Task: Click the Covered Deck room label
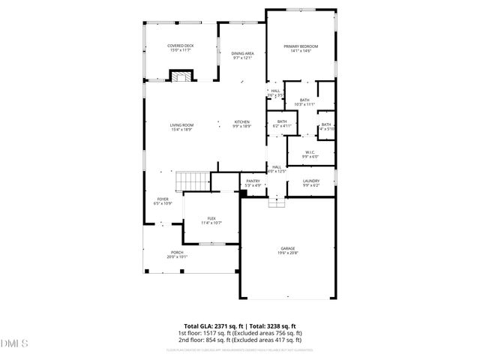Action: [x=181, y=46]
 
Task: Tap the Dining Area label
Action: [x=242, y=54]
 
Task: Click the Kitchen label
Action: [x=241, y=122]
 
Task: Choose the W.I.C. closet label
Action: [x=310, y=152]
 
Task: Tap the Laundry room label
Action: [x=310, y=181]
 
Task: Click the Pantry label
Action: [x=253, y=181]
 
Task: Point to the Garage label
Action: [x=288, y=249]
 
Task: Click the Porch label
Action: [x=177, y=252]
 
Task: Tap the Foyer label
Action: [x=163, y=199]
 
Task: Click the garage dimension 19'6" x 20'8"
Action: [x=288, y=253]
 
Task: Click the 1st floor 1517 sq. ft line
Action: [x=240, y=333]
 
